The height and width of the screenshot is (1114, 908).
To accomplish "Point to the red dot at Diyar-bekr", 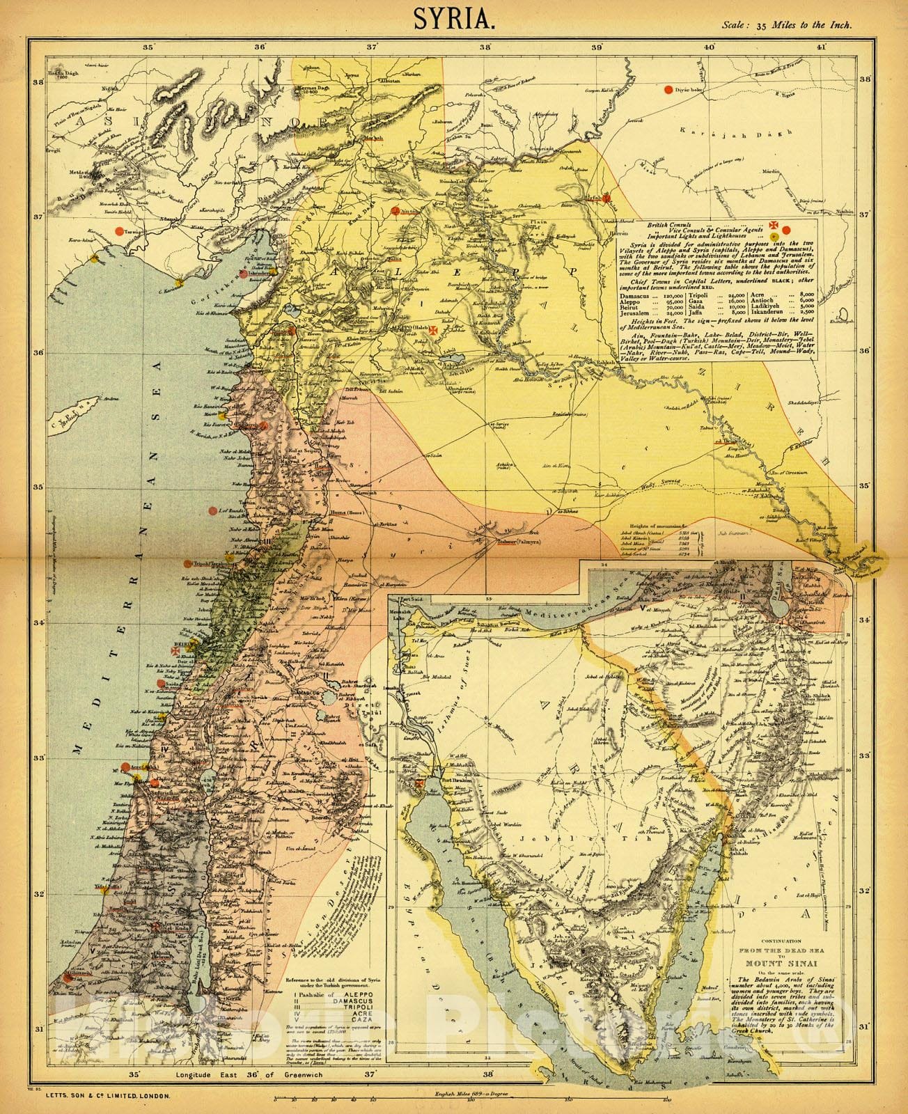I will (x=669, y=89).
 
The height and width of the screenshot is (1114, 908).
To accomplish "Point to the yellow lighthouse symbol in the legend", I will (x=775, y=237).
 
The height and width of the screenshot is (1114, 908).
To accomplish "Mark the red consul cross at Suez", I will (x=418, y=785).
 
